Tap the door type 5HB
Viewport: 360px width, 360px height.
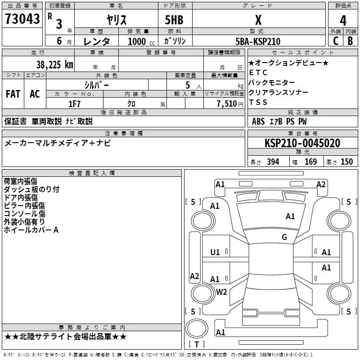coord(174,20)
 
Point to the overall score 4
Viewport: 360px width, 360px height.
coord(343,20)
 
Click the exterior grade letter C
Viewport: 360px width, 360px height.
coord(335,40)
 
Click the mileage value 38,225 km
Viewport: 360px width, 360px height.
coord(54,64)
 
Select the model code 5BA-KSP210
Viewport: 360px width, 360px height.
coord(258,41)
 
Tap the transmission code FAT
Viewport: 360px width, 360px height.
coord(13,94)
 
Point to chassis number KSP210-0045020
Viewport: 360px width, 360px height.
coord(302,143)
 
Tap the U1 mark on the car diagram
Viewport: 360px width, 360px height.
coord(215,252)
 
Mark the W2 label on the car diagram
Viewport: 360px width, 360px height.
coord(221,292)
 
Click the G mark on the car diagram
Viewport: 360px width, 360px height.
coord(284,237)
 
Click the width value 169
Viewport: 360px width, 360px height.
coord(310,162)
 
